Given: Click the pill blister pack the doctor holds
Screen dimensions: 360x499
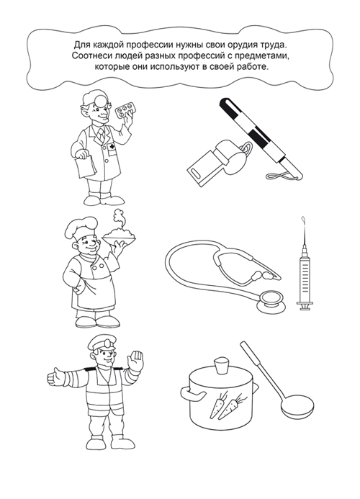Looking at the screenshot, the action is pyautogui.click(x=126, y=110).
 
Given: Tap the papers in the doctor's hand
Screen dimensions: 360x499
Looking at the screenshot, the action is pyautogui.click(x=85, y=166).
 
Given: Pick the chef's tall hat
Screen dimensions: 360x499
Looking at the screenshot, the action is pyautogui.click(x=80, y=228).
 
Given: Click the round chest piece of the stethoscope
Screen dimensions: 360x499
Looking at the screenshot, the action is pyautogui.click(x=271, y=302).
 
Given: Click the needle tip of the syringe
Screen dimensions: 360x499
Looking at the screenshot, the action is pyautogui.click(x=303, y=218).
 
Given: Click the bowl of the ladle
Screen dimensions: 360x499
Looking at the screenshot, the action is pyautogui.click(x=297, y=408).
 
